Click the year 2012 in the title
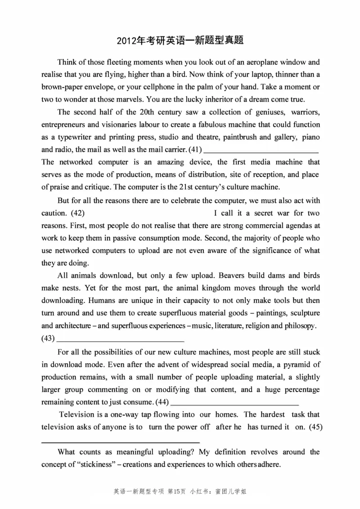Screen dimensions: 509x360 click(127, 41)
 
